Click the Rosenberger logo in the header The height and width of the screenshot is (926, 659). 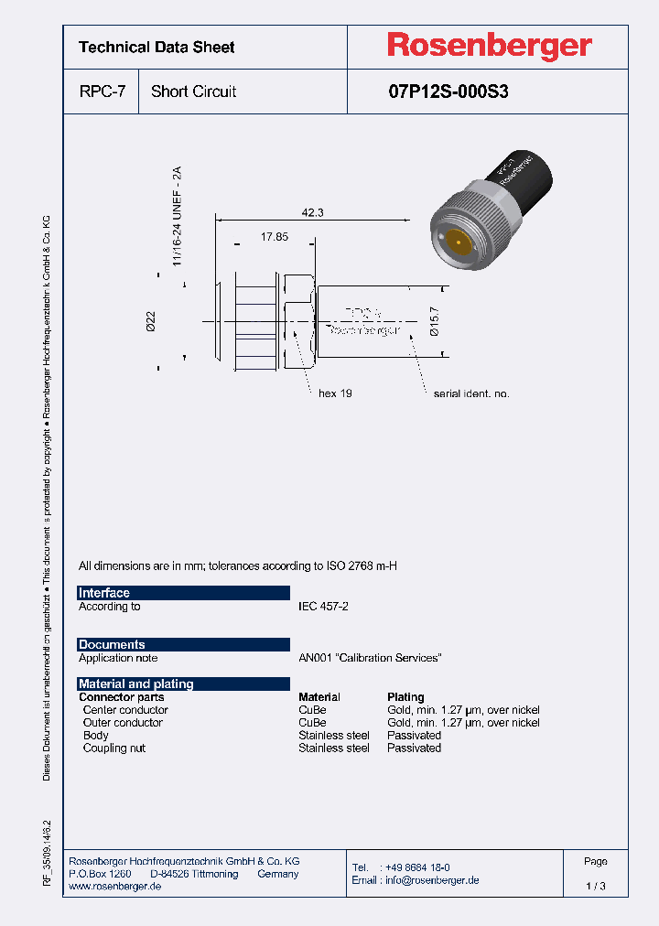click(489, 46)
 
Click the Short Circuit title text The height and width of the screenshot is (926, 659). click(193, 92)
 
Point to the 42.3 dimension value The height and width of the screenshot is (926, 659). click(313, 212)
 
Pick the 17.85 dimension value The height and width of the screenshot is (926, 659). click(274, 237)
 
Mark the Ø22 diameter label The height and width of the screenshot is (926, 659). click(151, 321)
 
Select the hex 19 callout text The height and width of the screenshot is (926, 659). click(335, 393)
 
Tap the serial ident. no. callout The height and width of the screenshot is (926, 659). click(471, 393)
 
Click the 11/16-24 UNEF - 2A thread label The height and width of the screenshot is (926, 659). click(178, 217)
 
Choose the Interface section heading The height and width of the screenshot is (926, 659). click(104, 593)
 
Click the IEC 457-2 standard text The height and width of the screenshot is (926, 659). click(323, 607)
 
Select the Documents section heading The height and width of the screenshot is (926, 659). click(112, 644)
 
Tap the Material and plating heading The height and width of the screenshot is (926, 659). click(136, 684)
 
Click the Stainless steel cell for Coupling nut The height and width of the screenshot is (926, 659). click(334, 748)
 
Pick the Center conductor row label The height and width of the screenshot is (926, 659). click(125, 710)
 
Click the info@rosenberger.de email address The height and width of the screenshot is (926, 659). click(429, 880)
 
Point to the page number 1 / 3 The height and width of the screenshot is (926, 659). click(595, 887)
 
